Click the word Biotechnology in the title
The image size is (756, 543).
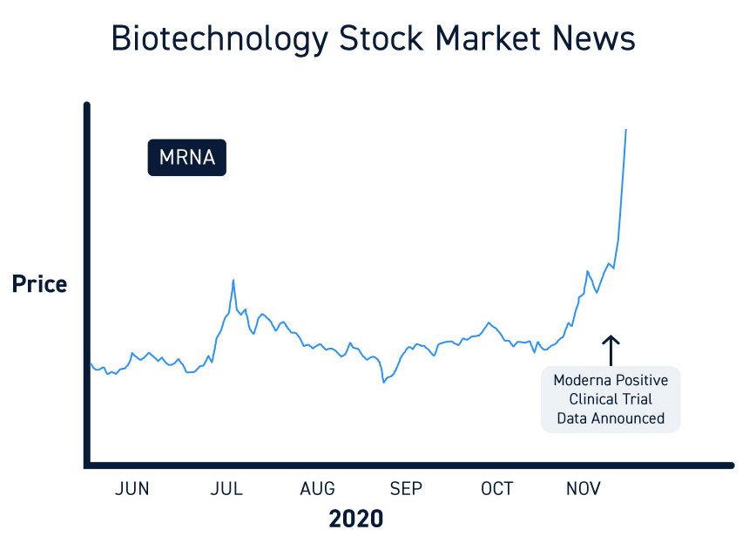(219, 39)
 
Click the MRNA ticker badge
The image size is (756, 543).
(186, 158)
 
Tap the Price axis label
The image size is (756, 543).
(39, 284)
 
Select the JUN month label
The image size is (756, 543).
(132, 489)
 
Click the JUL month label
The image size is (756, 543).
(226, 489)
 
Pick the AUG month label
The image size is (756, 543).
(317, 489)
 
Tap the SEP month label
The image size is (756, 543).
(406, 489)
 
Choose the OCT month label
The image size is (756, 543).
(497, 489)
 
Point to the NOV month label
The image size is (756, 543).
(584, 489)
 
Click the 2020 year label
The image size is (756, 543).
(355, 519)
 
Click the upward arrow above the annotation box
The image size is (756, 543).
(611, 350)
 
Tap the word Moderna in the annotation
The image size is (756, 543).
(583, 381)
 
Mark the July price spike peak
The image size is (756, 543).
(233, 280)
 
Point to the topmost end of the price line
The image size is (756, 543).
(625, 130)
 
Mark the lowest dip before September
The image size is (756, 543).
(383, 382)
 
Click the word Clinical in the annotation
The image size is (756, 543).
(597, 399)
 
